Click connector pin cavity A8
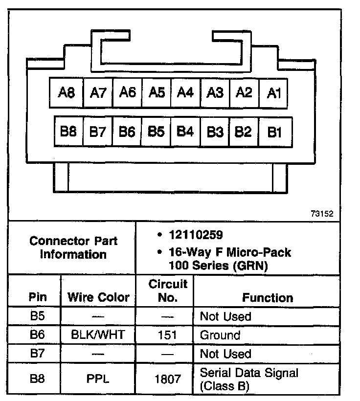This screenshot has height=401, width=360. coord(66,92)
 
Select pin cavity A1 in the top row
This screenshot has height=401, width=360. coord(273,92)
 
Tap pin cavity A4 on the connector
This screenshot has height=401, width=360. coord(185,92)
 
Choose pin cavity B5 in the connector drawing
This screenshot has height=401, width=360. coord(156,132)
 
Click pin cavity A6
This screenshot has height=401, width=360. coord(127,92)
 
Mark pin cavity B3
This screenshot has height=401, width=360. coord(215,132)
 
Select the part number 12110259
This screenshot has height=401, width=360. coord(196,235)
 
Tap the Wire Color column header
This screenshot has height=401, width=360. coord(98,297)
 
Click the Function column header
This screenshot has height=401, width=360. coord(268,297)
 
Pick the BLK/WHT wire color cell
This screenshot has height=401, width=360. coord(98,335)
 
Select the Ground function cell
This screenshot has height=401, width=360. coord(220,335)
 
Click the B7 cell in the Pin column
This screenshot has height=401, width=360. coord(38,354)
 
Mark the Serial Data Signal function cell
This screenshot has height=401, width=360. coord(249,379)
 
